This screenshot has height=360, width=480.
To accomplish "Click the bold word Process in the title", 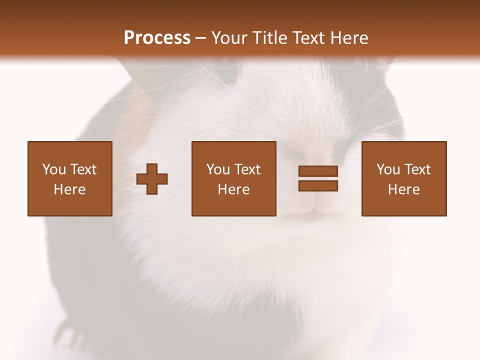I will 157,38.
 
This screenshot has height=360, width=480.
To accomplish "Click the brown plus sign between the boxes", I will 152,178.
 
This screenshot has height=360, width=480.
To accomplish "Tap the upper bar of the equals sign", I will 318,171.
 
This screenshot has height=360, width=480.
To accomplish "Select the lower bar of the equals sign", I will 318,186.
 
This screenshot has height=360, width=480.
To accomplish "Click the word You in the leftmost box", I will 53,169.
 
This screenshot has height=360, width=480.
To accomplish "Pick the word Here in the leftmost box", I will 70,189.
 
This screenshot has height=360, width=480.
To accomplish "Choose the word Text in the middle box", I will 247,169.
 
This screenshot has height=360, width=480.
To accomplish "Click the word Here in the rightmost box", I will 404,189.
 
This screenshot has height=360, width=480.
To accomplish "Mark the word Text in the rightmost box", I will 417,169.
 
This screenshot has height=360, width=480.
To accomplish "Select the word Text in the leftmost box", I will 83,169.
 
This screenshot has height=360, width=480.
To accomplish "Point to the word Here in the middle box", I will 234,189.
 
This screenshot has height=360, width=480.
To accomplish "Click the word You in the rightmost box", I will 388,169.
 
